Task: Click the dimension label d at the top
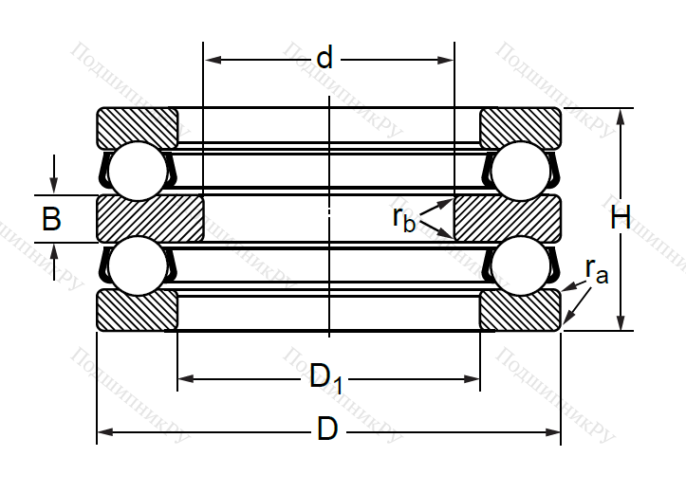click(x=325, y=59)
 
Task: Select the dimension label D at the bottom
click(x=327, y=429)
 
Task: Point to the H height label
click(x=621, y=218)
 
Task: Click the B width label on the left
click(x=52, y=219)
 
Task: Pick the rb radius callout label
click(x=403, y=218)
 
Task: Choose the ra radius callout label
click(x=597, y=272)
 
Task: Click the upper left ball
click(x=138, y=171)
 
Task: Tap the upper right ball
click(x=520, y=171)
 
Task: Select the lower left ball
click(x=138, y=265)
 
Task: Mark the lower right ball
click(x=520, y=265)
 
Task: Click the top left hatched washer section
click(x=138, y=128)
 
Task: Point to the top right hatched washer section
click(x=520, y=128)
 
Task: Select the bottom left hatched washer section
click(x=138, y=310)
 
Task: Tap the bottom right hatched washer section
click(x=520, y=310)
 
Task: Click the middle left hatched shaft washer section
click(x=150, y=218)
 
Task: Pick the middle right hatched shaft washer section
click(x=508, y=218)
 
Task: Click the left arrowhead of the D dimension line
click(x=102, y=431)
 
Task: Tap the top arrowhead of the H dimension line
click(x=621, y=115)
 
